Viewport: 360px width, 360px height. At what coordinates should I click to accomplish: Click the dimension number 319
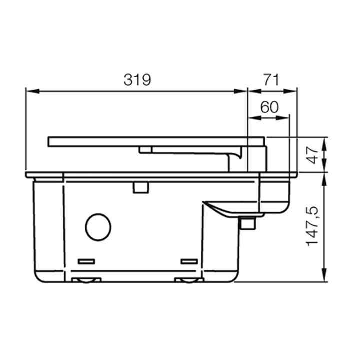[137, 80]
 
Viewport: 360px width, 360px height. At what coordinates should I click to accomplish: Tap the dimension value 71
[271, 80]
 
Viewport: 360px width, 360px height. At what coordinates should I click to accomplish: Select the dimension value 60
[269, 107]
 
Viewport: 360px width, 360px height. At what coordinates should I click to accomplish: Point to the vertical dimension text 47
[312, 155]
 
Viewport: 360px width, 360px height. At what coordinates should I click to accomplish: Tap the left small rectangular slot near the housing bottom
[87, 261]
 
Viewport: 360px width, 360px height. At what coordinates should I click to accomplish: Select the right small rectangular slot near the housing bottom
[189, 261]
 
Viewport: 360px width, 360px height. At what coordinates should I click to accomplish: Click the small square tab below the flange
[140, 187]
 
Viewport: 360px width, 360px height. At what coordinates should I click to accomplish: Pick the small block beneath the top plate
[146, 149]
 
